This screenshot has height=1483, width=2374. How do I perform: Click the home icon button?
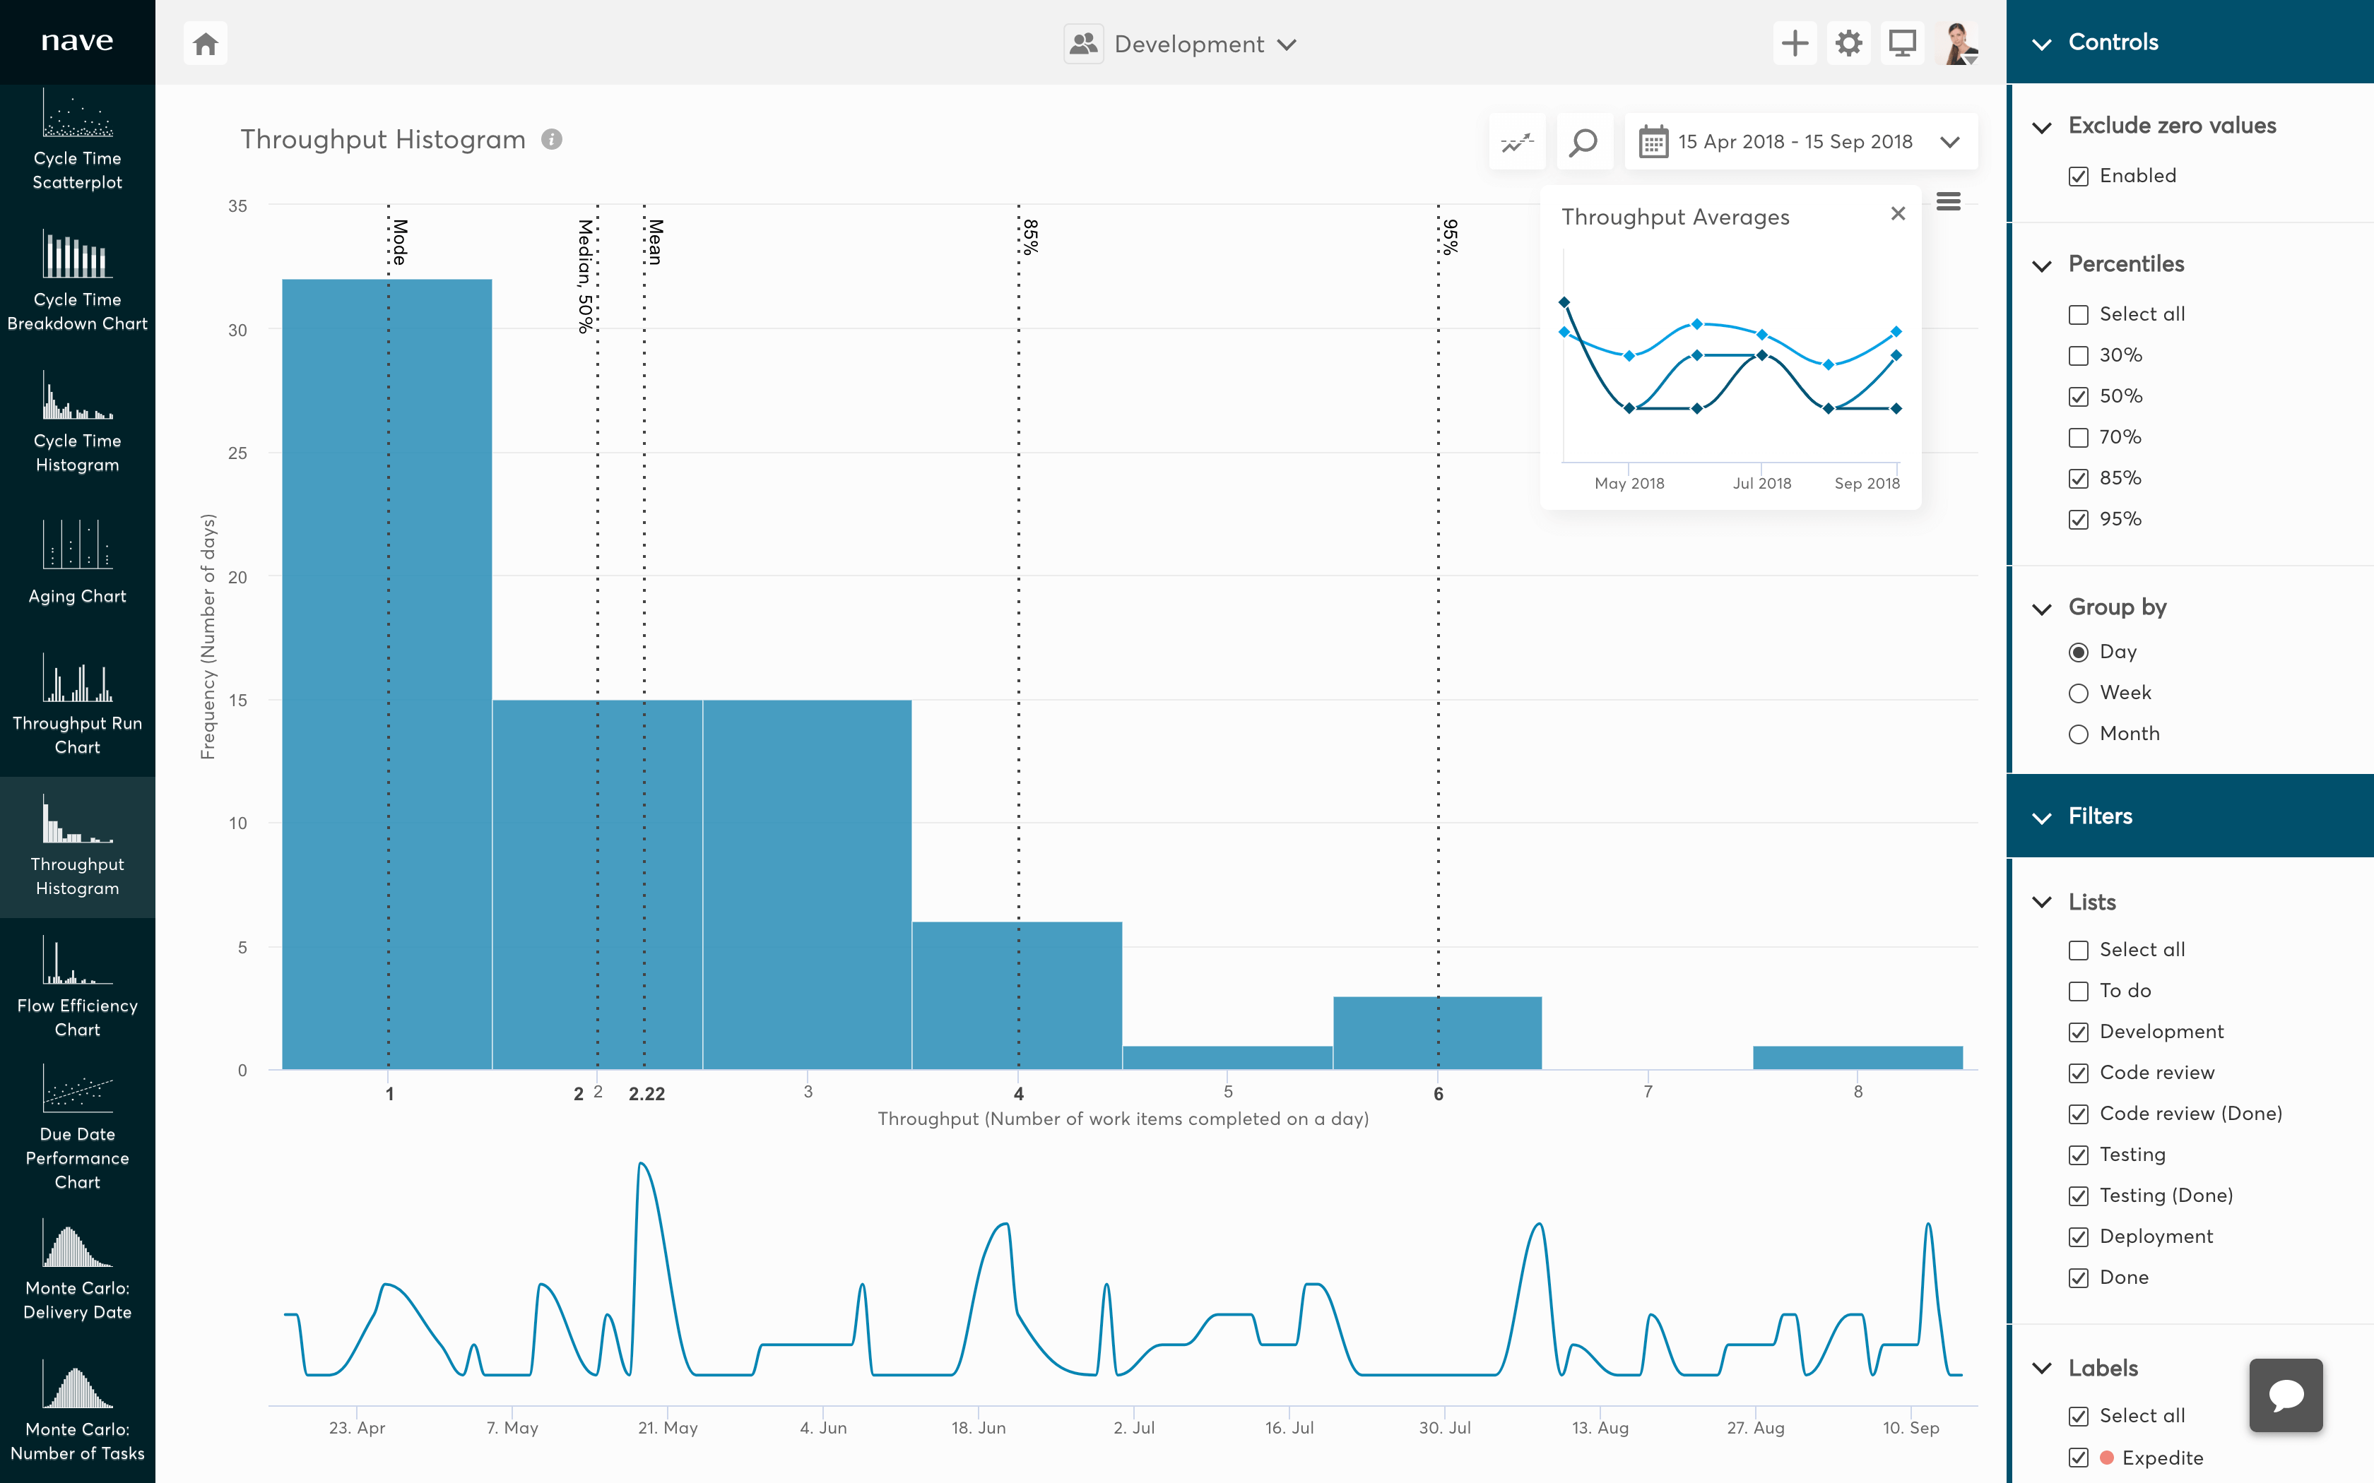tap(205, 44)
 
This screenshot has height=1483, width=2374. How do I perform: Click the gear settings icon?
tap(1848, 44)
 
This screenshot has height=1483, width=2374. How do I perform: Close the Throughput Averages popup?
tap(1897, 214)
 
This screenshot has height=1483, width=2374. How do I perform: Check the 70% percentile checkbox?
tap(2078, 437)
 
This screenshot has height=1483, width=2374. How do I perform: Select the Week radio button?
tap(2078, 693)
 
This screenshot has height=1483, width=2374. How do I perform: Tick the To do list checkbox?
tap(2078, 991)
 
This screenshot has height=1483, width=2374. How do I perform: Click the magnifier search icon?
tap(1583, 142)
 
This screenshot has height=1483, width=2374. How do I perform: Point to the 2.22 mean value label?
tap(646, 1094)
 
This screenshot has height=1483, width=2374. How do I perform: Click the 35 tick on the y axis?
tap(237, 206)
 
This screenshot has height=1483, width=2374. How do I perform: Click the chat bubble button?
tap(2285, 1395)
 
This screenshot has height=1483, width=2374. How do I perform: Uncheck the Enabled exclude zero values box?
tap(2078, 177)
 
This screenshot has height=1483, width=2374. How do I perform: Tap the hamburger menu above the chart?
tap(1948, 201)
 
